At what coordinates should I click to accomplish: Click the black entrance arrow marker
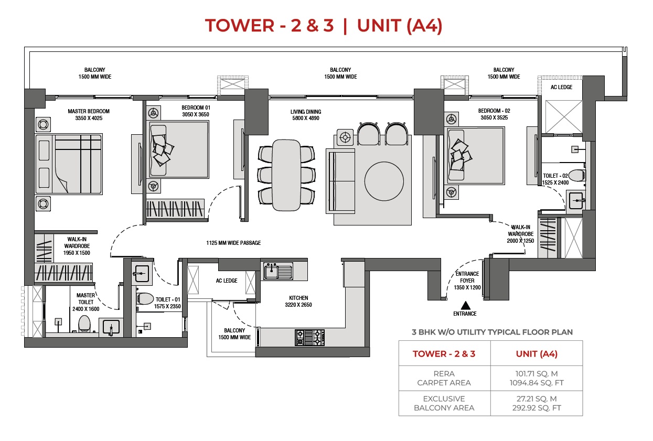466,306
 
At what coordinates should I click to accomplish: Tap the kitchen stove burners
309,338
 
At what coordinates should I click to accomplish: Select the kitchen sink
278,271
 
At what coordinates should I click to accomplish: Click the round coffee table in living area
384,181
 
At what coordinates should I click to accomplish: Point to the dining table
286,175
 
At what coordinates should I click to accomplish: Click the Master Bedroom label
89,114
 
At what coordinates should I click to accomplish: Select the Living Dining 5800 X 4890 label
306,115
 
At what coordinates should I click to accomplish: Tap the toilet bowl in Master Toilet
84,324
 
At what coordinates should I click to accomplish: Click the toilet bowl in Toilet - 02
576,176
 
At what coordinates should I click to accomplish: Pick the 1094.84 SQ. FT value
537,383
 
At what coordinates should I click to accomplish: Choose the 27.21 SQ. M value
537,399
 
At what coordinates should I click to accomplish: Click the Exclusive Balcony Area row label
444,403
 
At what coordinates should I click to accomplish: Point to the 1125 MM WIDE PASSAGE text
233,243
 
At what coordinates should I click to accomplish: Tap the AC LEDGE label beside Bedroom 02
561,87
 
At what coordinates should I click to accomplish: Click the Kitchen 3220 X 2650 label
298,302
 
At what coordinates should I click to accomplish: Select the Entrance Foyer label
467,281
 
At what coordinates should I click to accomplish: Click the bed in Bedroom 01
179,149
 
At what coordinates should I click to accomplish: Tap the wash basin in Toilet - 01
142,273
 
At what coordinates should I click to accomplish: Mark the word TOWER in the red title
240,25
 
